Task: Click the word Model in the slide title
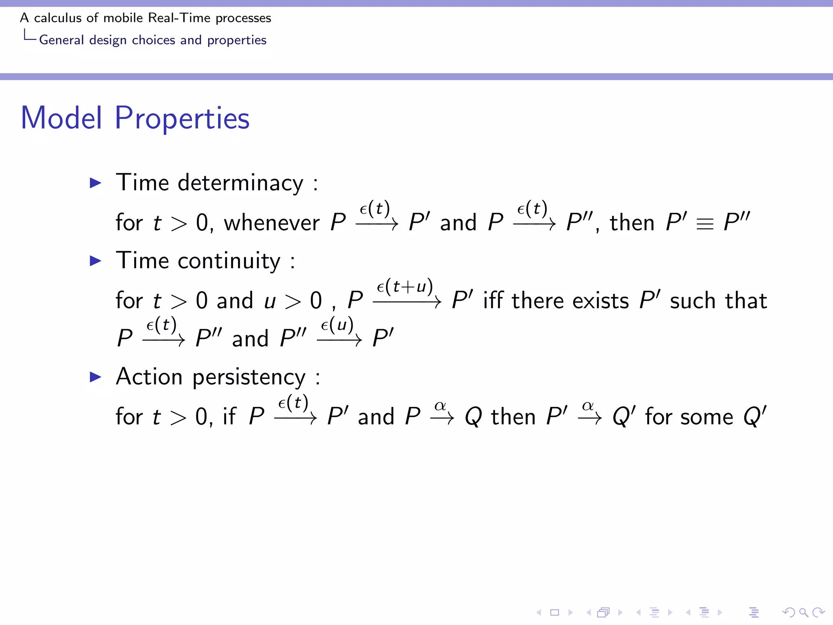point(61,118)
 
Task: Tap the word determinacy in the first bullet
point(240,183)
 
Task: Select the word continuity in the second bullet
point(229,261)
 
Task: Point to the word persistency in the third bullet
point(249,377)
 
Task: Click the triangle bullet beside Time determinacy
point(96,183)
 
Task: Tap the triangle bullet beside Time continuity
point(96,261)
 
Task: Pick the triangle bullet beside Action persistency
point(96,377)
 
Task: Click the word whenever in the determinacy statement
point(272,223)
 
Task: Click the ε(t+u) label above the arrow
point(405,286)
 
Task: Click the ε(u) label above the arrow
point(337,325)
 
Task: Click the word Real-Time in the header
point(179,18)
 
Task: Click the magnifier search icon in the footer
point(803,612)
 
